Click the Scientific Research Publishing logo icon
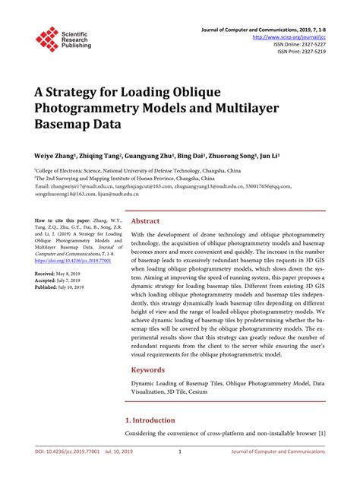[47, 40]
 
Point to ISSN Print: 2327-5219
[297, 52]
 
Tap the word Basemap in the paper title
[63, 123]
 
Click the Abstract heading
[146, 221]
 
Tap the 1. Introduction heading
[150, 420]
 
